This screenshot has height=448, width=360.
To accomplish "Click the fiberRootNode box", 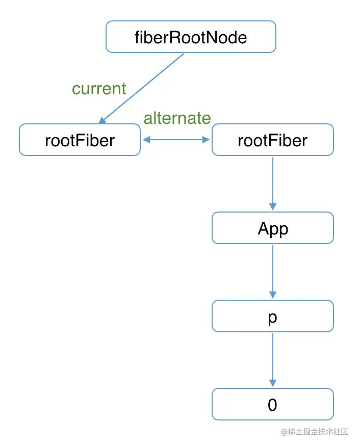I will click(191, 37).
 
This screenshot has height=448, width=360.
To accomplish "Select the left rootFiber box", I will click(80, 140).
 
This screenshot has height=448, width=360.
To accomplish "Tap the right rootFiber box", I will click(272, 140).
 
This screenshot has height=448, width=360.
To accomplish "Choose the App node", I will click(272, 228).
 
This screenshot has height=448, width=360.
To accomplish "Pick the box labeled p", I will click(272, 316).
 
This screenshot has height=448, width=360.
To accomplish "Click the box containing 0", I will click(272, 404).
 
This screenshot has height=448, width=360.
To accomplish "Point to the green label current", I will click(99, 89).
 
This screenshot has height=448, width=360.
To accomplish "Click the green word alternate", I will click(177, 118).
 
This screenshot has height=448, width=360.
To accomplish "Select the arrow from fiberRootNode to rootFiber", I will click(143, 87).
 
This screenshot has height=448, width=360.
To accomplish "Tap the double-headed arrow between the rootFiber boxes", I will click(176, 139).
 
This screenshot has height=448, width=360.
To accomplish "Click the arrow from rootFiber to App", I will click(272, 183).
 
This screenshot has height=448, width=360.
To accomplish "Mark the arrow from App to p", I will click(272, 272).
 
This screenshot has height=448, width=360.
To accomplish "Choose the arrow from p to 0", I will click(272, 360).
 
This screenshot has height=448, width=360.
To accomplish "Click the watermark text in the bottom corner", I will click(314, 432).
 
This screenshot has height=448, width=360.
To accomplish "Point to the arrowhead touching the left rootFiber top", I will click(102, 120).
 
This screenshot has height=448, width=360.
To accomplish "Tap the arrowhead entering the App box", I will click(272, 207).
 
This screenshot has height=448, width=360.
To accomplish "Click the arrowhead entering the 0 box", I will click(272, 383).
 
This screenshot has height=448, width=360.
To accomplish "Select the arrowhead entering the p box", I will click(272, 295).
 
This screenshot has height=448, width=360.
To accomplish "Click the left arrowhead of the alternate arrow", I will click(146, 139).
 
